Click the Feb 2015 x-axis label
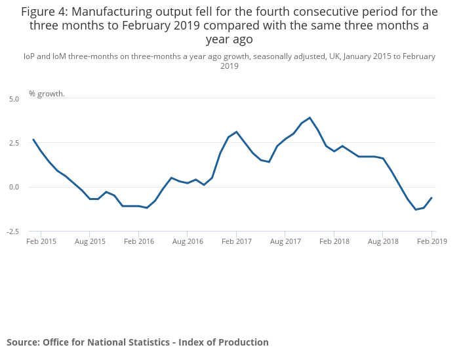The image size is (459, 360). [41, 241]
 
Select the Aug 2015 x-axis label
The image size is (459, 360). [90, 241]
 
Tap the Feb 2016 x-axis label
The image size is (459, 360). [139, 241]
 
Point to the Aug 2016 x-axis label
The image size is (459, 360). [188, 241]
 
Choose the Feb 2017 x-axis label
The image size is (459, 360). [237, 241]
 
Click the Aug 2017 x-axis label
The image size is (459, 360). [285, 241]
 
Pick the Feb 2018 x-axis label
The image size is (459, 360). [334, 241]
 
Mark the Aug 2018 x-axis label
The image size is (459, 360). [383, 241]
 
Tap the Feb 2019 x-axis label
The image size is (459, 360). [432, 241]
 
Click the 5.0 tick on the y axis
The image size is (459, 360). [14, 98]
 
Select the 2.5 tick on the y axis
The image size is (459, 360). [14, 143]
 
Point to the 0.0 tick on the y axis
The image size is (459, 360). [14, 187]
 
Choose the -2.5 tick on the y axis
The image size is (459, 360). [13, 231]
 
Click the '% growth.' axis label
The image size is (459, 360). [47, 94]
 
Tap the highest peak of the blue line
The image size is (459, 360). [309, 118]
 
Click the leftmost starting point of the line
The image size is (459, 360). [33, 140]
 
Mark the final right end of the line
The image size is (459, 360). [431, 197]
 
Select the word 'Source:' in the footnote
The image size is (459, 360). [23, 342]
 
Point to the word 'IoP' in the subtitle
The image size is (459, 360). [29, 56]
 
